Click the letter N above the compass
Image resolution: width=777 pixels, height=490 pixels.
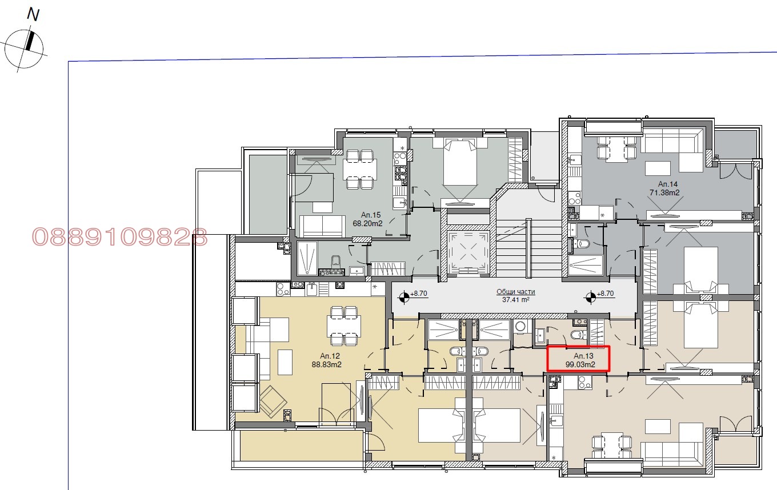tap(33, 15)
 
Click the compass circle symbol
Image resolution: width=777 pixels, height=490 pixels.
tap(24, 49)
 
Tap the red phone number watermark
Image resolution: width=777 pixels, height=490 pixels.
tap(119, 237)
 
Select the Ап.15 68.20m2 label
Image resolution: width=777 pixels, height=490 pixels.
tap(368, 219)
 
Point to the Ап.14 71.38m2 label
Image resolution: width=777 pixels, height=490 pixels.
tap(664, 188)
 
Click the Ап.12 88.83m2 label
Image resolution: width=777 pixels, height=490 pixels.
tap(327, 360)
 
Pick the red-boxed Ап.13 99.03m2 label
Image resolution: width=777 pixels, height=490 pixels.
tap(580, 360)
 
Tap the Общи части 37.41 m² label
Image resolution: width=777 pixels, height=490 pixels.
tap(516, 295)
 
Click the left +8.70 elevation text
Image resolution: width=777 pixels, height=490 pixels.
tap(419, 294)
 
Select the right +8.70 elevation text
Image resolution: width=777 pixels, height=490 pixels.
tap(605, 294)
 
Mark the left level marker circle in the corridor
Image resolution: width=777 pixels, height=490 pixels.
tap(404, 297)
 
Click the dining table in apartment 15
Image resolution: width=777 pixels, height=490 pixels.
tap(360, 169)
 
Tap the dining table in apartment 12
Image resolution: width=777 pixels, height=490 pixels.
tap(344, 326)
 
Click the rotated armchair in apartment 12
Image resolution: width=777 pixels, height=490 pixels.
tap(273, 401)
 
